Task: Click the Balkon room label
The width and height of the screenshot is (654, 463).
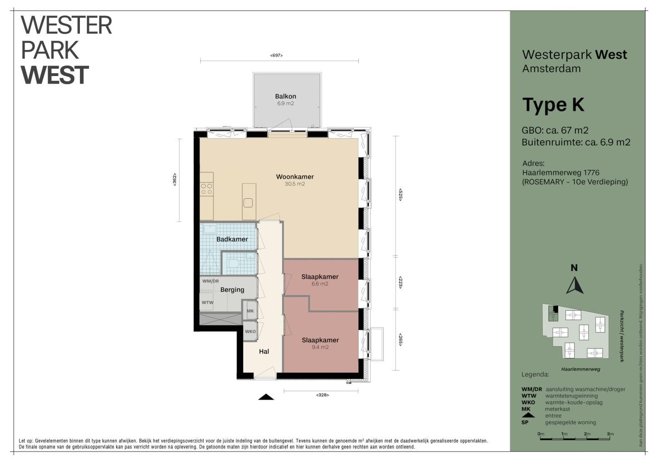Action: pos(285,96)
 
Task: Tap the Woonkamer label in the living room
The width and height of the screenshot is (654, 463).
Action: pos(295,176)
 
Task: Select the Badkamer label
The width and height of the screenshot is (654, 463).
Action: pos(232,239)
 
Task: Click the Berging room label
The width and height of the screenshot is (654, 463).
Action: pos(232,290)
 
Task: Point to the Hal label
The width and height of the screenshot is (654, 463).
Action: pos(264,351)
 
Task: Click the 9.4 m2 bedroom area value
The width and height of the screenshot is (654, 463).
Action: pos(320,347)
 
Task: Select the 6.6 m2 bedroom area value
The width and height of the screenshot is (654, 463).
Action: pos(320,284)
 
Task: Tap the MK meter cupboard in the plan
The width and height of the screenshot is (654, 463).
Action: pos(250,311)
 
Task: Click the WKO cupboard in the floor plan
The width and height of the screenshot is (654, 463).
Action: pos(250,332)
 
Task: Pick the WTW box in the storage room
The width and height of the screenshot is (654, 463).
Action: pos(208,302)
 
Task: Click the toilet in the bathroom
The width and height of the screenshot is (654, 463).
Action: pos(233,263)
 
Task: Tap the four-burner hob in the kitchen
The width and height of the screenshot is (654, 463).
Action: pos(206,189)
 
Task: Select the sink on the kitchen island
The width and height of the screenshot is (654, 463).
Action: pos(248,202)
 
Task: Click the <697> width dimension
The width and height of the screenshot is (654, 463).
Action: pos(277,55)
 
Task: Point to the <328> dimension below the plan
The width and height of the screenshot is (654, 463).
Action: pos(322,395)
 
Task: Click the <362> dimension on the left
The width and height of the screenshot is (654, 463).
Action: pos(174,180)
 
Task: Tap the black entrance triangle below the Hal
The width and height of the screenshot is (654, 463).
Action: pos(266,397)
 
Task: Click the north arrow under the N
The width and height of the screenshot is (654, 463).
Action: pos(575,286)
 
